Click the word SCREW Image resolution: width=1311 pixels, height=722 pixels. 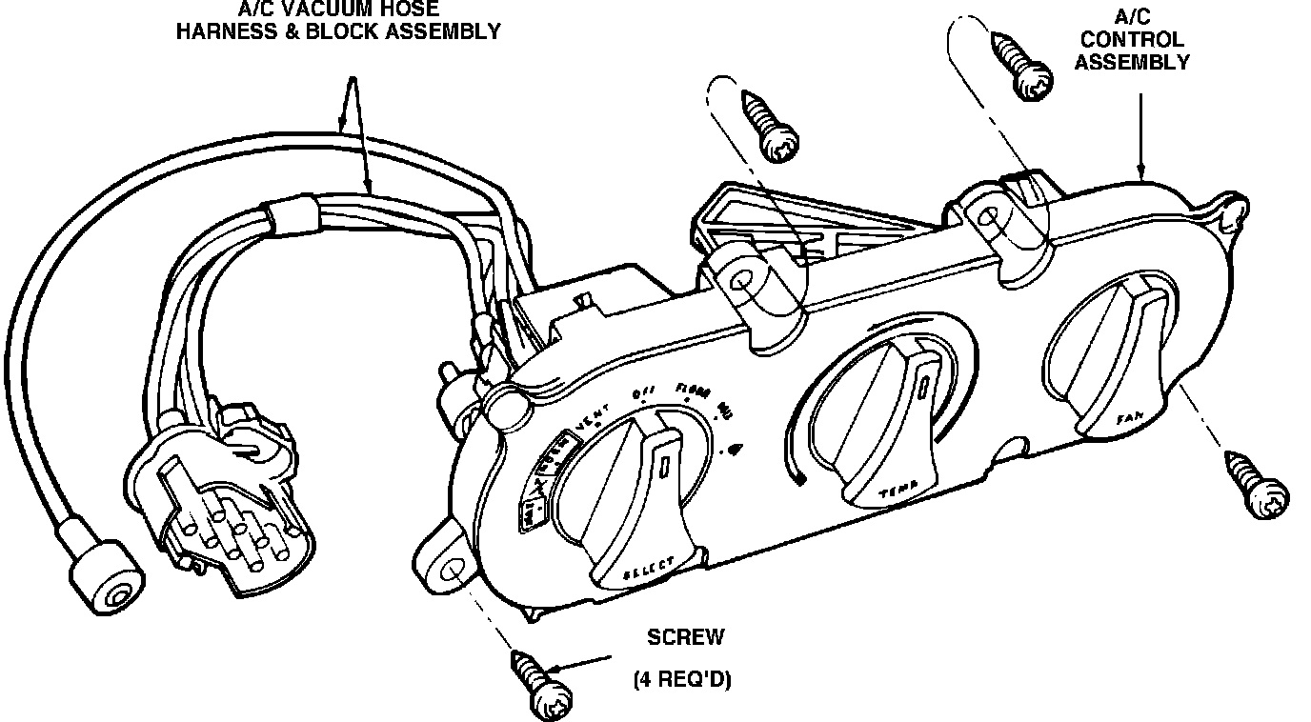(686, 636)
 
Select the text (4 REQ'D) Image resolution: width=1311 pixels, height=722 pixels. (682, 680)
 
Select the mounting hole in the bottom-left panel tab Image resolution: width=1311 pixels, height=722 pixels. (450, 572)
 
